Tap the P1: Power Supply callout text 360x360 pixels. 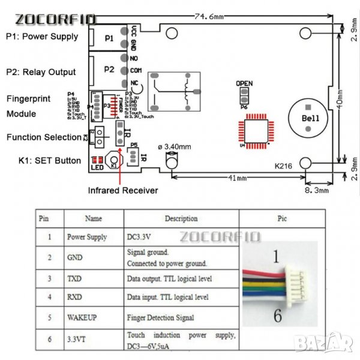pos(42,36)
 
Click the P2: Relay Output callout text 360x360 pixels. pos(41,72)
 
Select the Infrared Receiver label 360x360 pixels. pos(124,190)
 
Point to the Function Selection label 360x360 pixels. pos(43,137)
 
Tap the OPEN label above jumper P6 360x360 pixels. pos(244,83)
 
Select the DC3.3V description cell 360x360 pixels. pos(145,237)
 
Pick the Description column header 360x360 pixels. pos(181,218)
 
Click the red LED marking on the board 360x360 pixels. pos(97,161)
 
